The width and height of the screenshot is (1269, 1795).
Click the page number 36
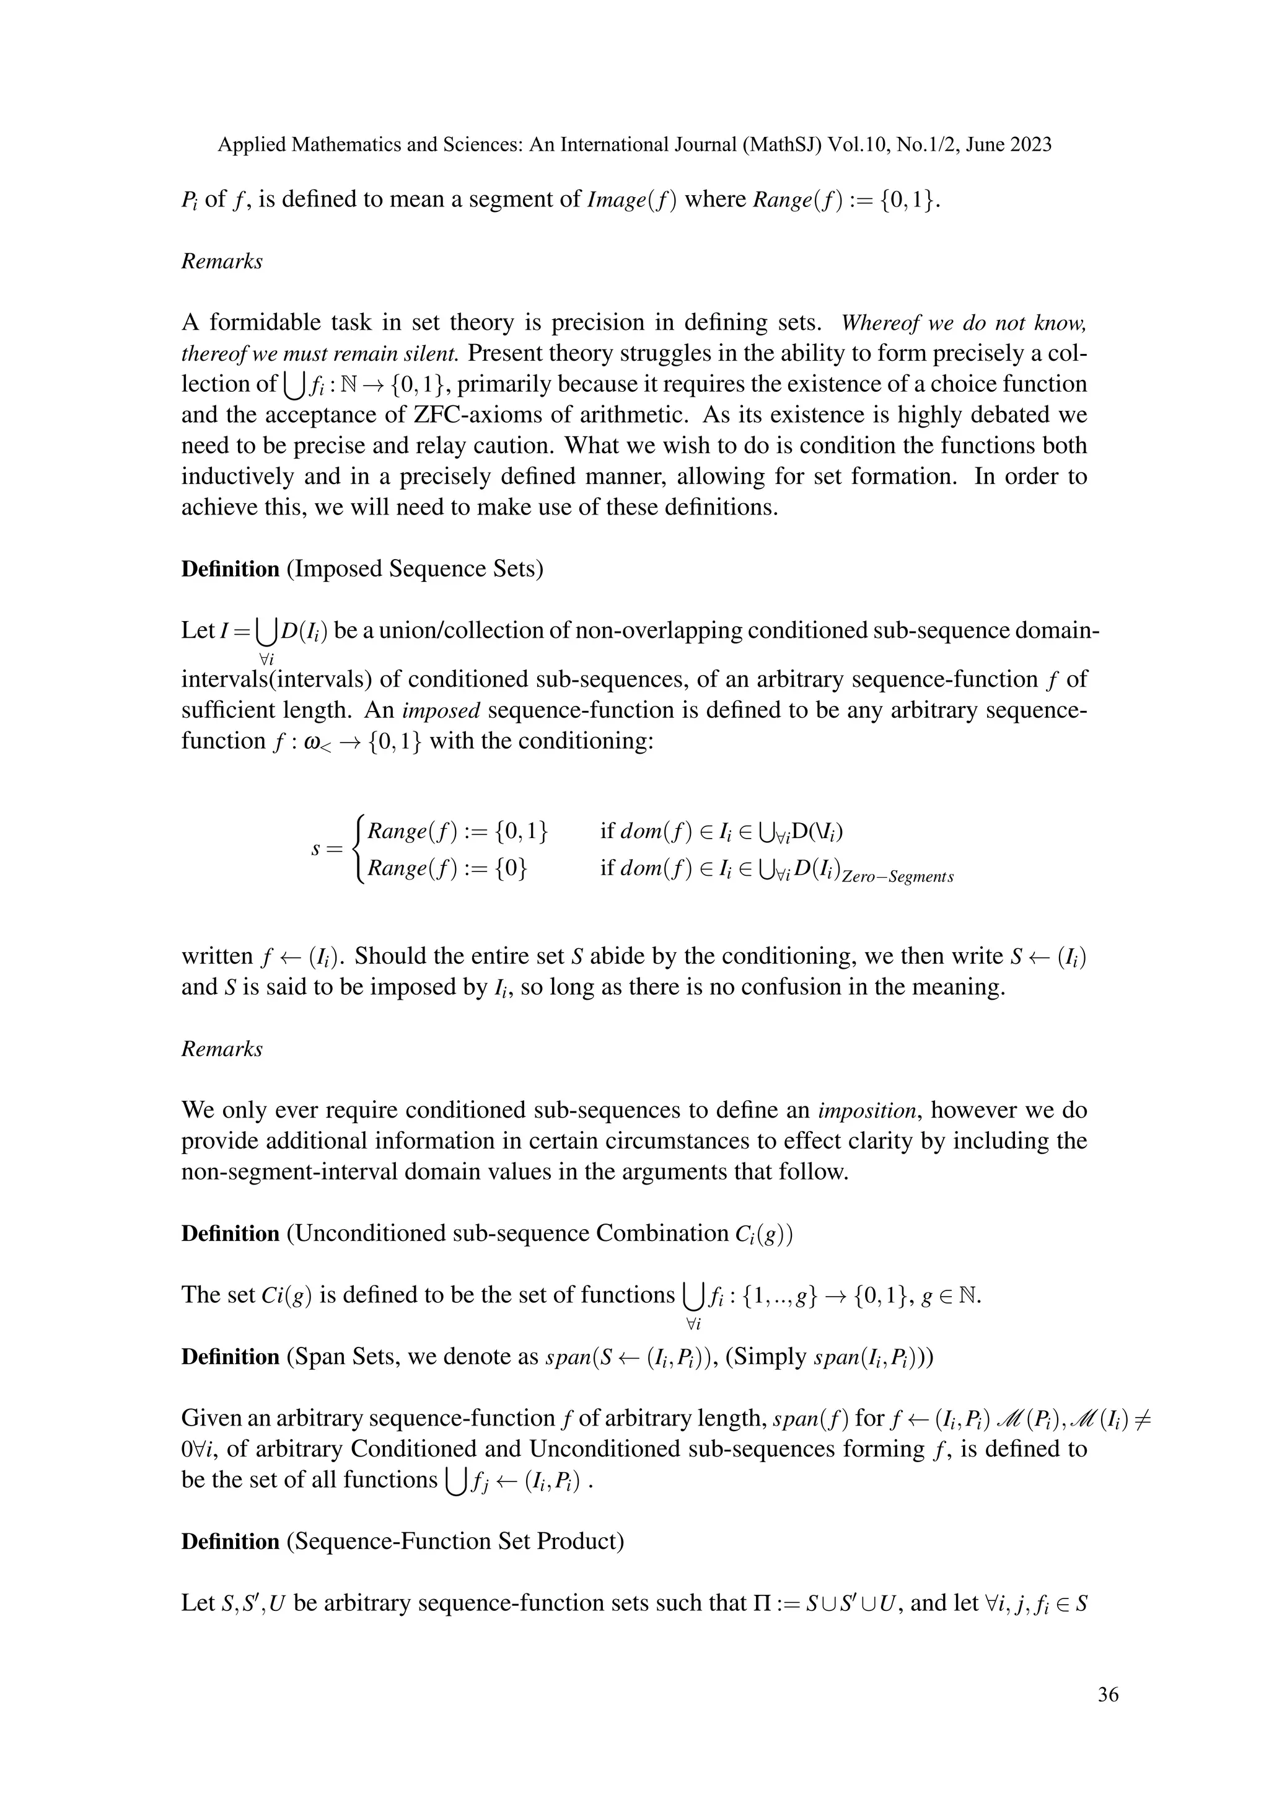click(1108, 1693)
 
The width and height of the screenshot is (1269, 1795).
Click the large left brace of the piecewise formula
click(359, 849)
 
